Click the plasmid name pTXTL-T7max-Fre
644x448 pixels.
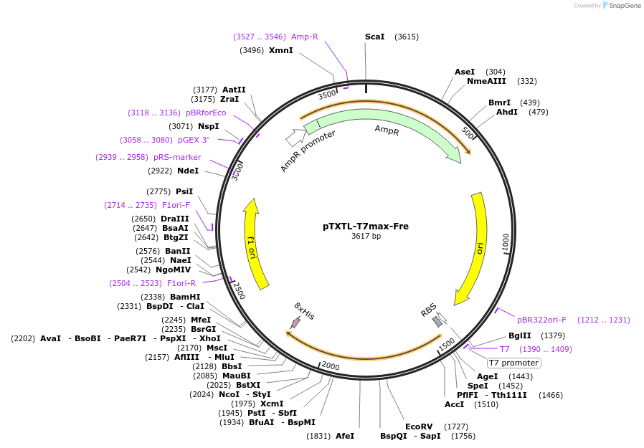[366, 226]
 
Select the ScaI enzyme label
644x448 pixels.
[374, 37]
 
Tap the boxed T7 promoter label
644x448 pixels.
[514, 363]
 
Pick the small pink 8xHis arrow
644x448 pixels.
[295, 323]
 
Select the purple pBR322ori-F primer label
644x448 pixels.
[541, 320]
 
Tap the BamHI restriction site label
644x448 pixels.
[185, 297]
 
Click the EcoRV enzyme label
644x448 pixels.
[420, 426]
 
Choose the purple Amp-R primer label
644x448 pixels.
[304, 37]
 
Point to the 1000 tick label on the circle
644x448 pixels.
[506, 242]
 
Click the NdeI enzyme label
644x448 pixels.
[188, 171]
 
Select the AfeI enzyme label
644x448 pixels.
[345, 436]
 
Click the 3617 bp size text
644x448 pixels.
[366, 237]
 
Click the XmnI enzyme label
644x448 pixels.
[280, 50]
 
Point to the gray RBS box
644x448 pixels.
[437, 322]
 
